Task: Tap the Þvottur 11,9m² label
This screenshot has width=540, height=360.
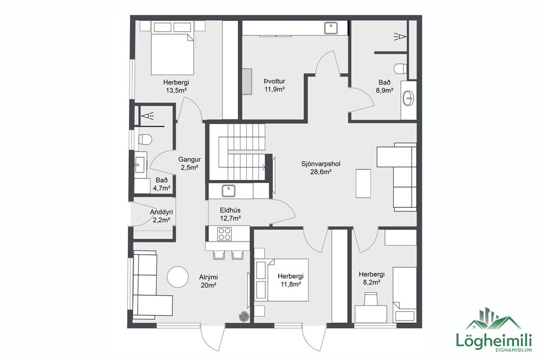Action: click(275, 85)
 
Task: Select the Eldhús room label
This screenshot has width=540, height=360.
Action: click(231, 214)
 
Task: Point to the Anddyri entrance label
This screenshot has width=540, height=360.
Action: click(161, 216)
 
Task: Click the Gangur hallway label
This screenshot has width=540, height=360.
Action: click(189, 163)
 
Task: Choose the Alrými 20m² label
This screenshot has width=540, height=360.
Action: click(208, 281)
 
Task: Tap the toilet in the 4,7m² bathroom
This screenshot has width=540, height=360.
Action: click(145, 139)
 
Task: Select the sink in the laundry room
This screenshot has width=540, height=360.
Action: click(332, 27)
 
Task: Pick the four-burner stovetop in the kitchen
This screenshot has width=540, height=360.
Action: click(225, 234)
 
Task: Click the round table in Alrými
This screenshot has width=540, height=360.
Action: click(178, 276)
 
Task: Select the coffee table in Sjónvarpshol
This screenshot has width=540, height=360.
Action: click(363, 182)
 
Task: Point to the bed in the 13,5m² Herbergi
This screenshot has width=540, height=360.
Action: click(172, 52)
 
